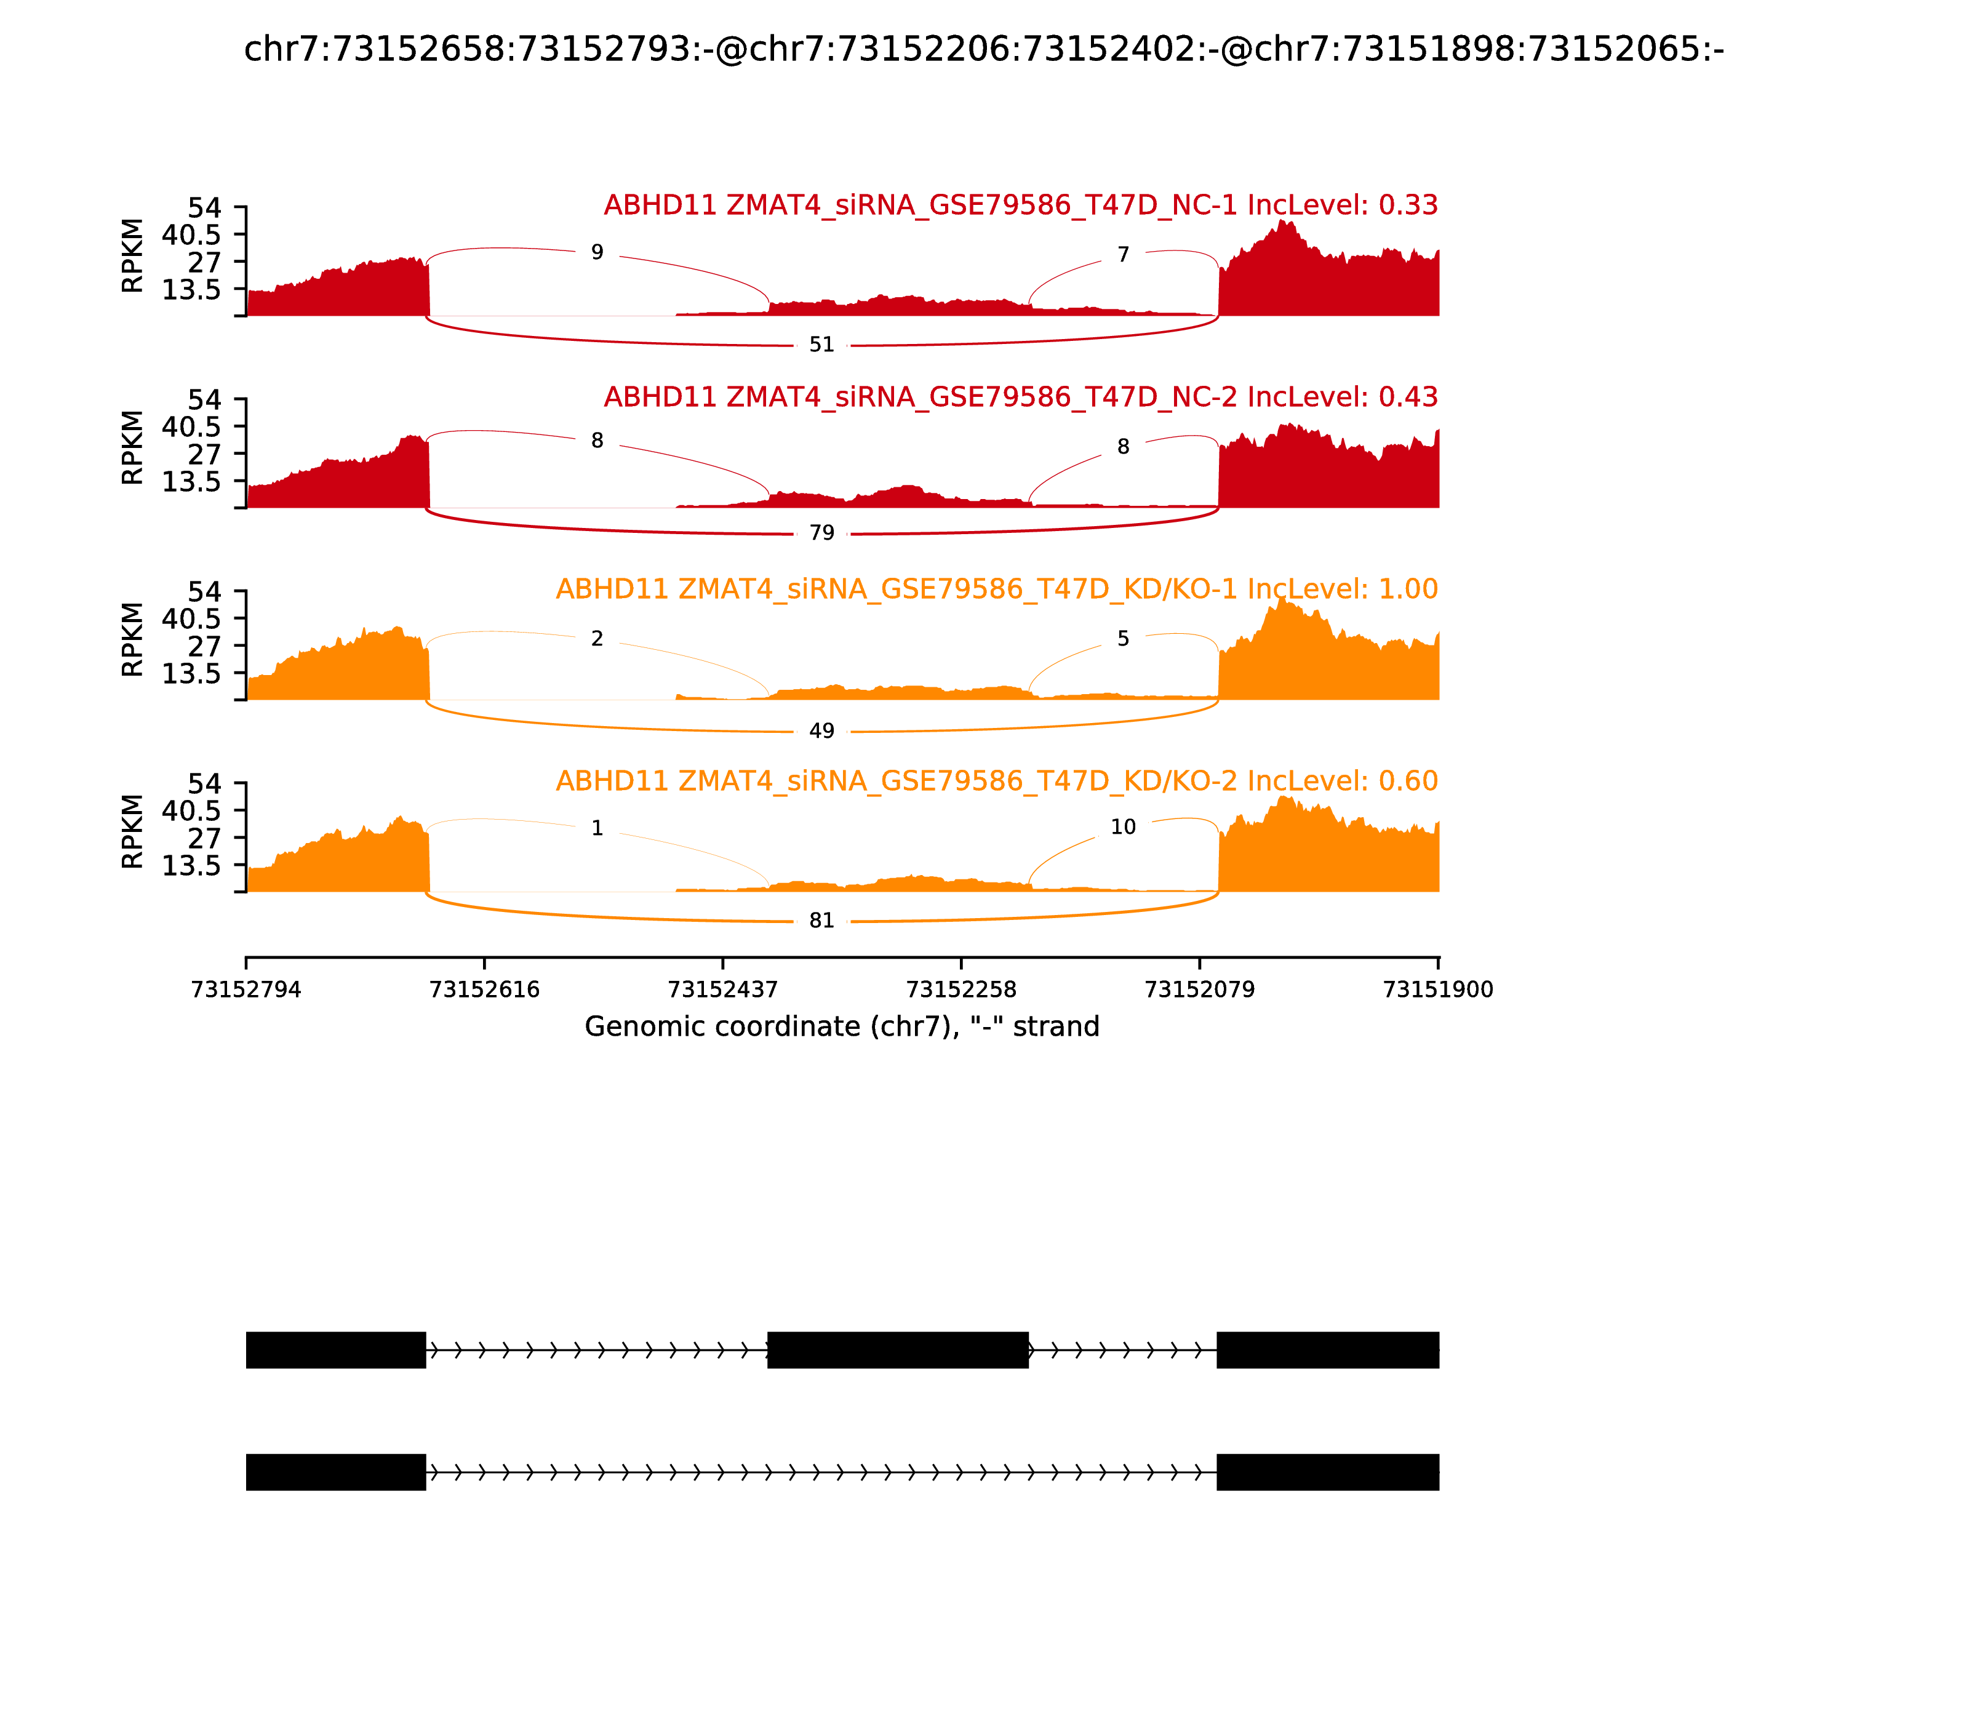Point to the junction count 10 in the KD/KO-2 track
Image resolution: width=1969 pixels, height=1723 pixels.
pyautogui.click(x=1123, y=827)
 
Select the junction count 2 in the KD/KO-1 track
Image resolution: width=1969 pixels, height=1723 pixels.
pyautogui.click(x=597, y=639)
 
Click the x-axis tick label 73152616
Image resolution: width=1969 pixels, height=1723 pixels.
pyautogui.click(x=485, y=989)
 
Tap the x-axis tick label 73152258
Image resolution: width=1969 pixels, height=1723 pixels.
pyautogui.click(x=961, y=989)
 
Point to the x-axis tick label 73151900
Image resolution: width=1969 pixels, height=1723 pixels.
pyautogui.click(x=1437, y=989)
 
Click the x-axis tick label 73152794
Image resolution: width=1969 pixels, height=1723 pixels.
pyautogui.click(x=246, y=989)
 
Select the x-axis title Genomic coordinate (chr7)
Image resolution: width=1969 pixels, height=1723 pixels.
pyautogui.click(x=841, y=1027)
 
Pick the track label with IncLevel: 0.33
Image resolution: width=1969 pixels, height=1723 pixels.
pyautogui.click(x=1020, y=206)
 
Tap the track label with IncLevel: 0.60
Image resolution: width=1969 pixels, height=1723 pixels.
pyautogui.click(x=996, y=781)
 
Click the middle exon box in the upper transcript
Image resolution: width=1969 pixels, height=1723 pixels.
pyautogui.click(x=898, y=1350)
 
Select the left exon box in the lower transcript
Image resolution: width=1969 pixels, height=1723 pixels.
pyautogui.click(x=335, y=1472)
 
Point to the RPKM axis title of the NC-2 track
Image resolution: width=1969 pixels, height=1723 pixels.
pyautogui.click(x=133, y=448)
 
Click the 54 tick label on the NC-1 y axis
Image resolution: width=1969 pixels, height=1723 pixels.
pyautogui.click(x=204, y=208)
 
